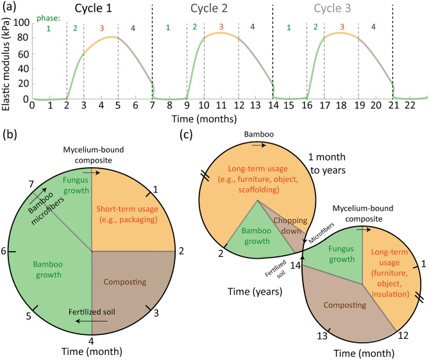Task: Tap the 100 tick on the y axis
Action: point(20,24)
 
